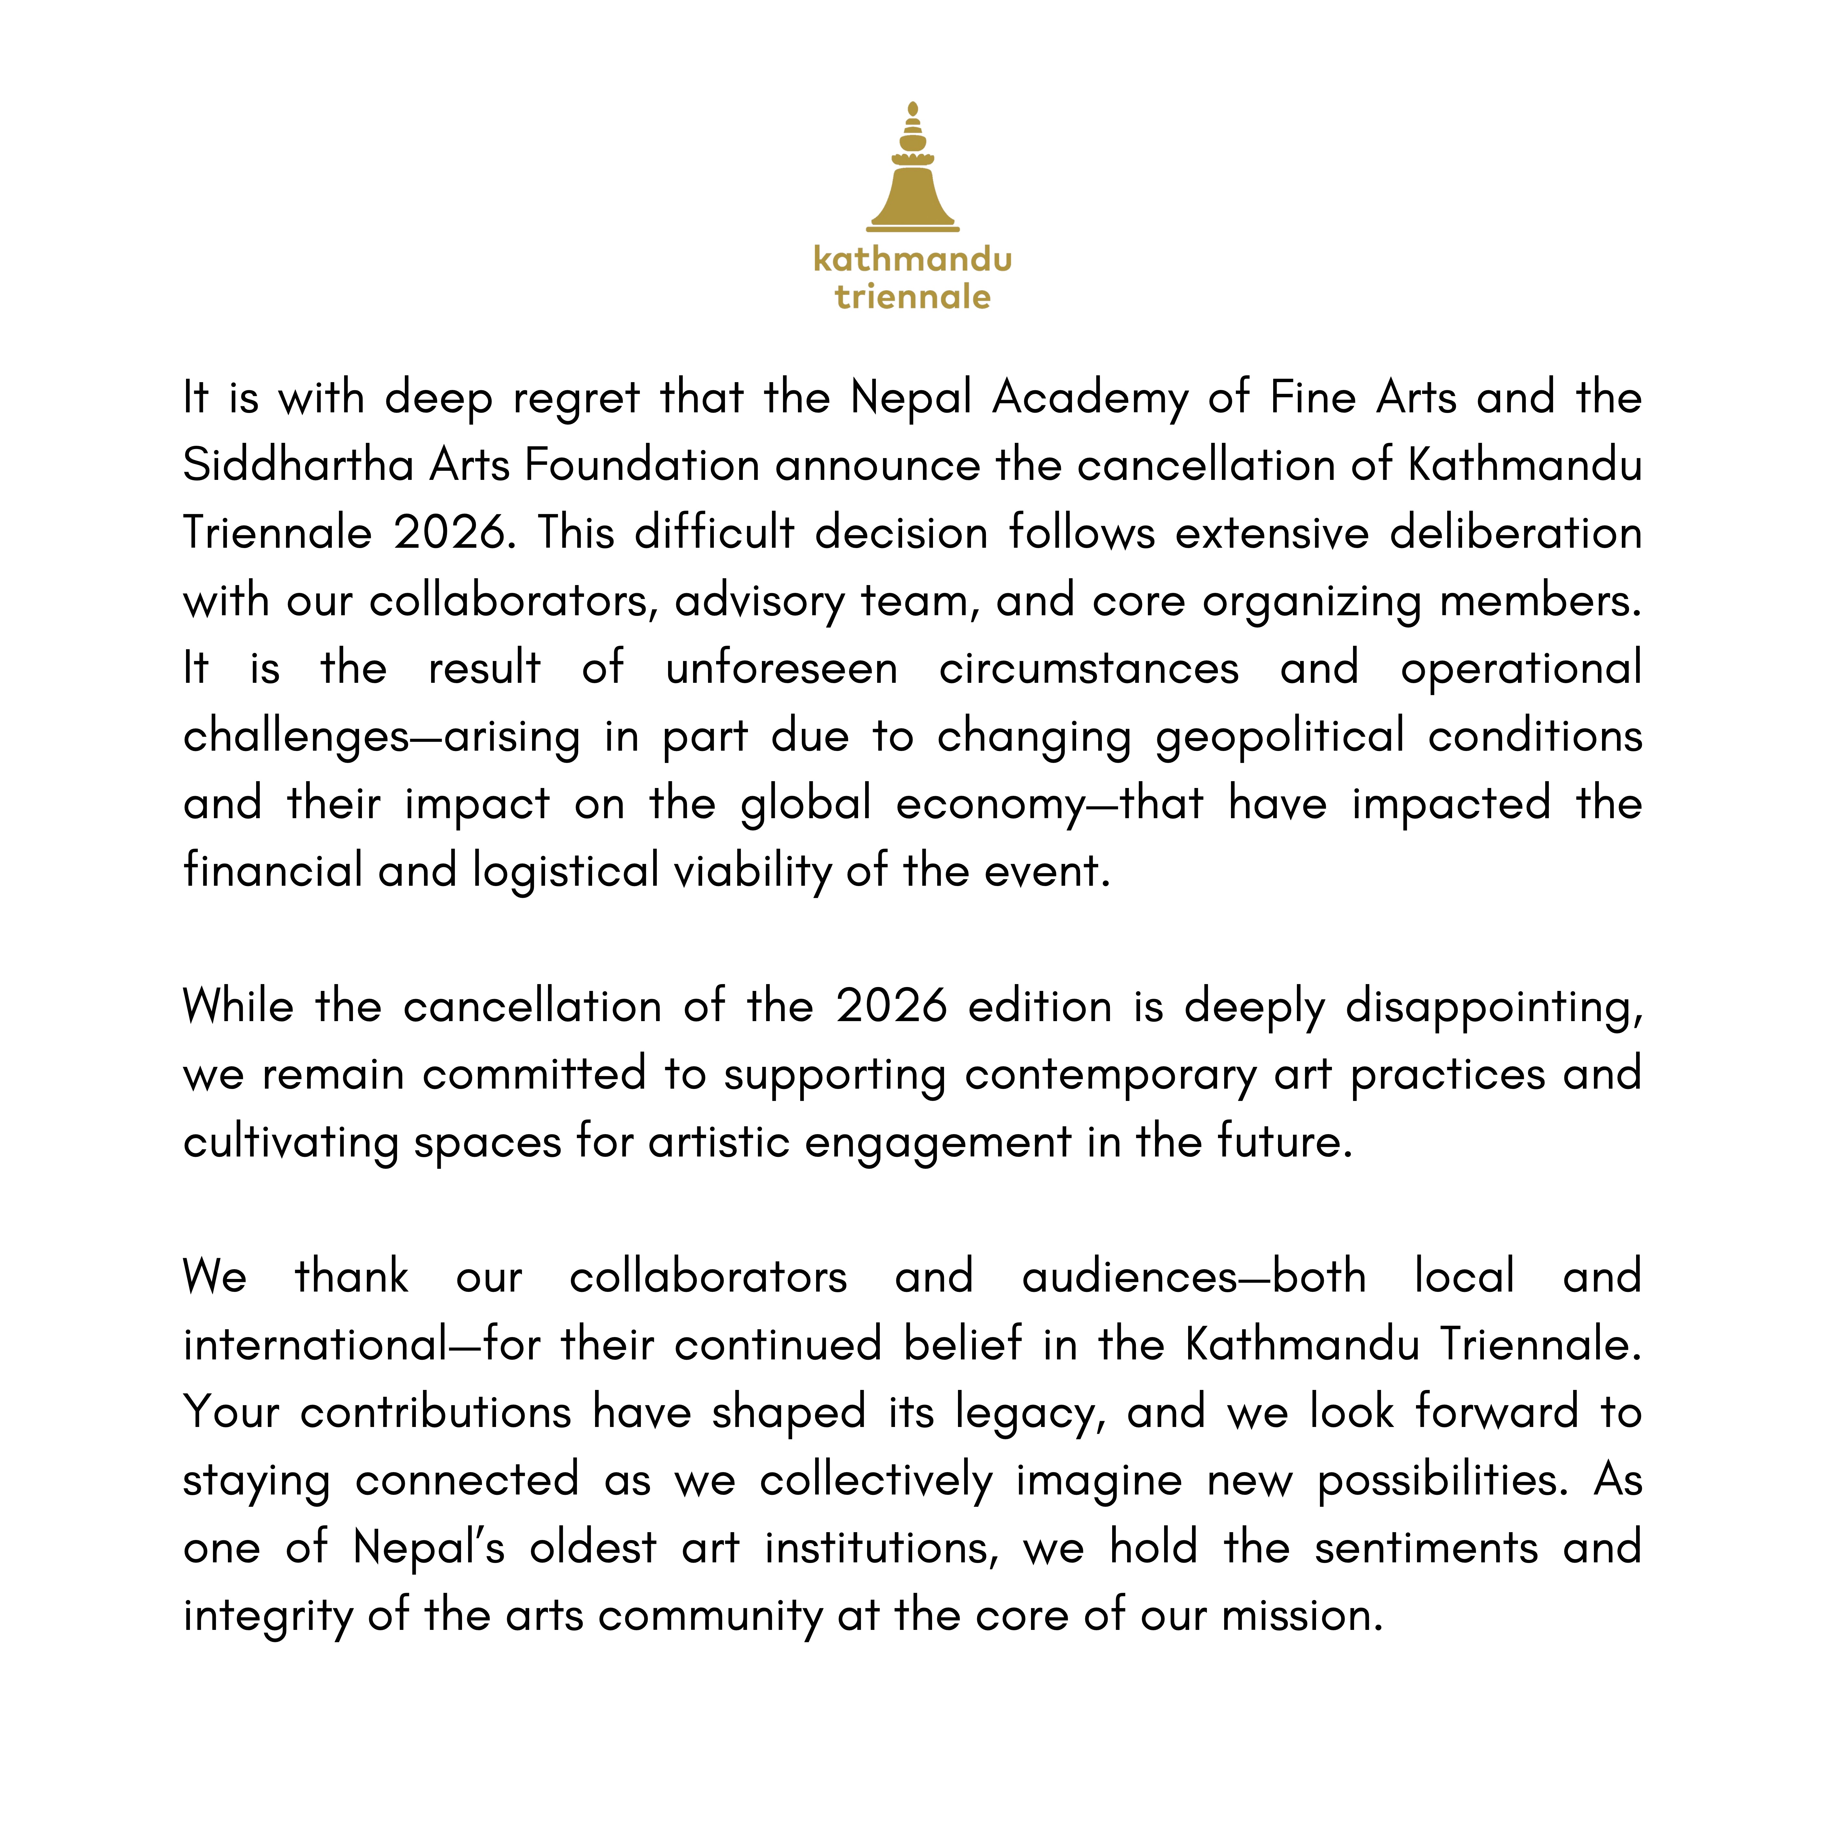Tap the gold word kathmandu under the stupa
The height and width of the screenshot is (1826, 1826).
tap(912, 259)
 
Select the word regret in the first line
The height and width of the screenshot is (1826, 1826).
tap(577, 398)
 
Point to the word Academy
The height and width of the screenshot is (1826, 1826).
tap(1090, 398)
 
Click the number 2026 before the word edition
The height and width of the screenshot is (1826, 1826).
tap(891, 1007)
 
